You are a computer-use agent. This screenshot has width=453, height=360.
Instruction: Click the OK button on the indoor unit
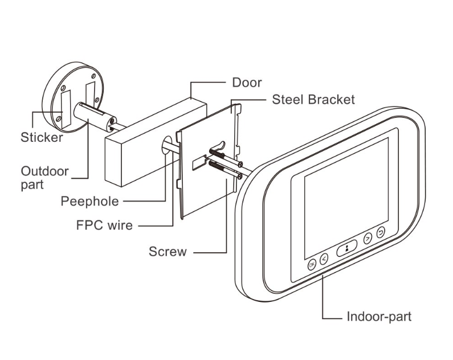tap(312, 264)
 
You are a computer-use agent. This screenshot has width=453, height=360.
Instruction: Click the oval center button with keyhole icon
tap(346, 248)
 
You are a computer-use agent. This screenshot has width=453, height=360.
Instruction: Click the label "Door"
tap(247, 83)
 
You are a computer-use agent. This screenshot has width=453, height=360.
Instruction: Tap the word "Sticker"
tap(42, 137)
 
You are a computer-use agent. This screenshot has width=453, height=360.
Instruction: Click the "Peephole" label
tap(90, 201)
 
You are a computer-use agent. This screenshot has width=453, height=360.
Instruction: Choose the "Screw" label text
tap(168, 251)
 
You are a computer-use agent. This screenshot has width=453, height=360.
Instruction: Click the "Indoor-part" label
tap(378, 317)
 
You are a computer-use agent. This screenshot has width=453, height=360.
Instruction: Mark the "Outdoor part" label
tap(44, 178)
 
